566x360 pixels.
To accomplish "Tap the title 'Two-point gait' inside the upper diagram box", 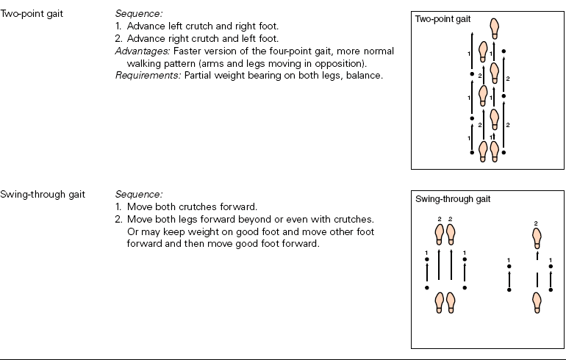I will point(443,19).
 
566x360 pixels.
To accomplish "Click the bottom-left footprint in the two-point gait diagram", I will point(483,151).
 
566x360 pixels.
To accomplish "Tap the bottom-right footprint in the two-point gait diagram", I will point(495,151).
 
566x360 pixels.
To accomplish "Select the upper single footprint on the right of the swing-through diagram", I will point(537,237).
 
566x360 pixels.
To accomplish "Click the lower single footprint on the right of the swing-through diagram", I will point(537,301).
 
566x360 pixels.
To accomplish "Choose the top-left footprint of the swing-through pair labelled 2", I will point(440,234).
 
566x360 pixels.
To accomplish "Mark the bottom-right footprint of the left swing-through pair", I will point(451,301).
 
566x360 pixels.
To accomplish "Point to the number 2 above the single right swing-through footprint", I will point(536,223).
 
